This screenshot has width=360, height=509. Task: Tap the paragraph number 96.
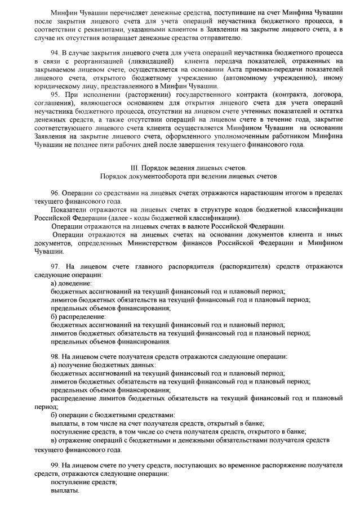coord(55,192)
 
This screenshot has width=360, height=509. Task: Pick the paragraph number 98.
coord(55,357)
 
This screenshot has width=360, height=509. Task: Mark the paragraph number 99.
coord(55,465)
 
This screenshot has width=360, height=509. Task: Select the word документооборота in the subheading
coord(149,176)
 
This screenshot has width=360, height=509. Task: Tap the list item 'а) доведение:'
coord(71,283)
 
